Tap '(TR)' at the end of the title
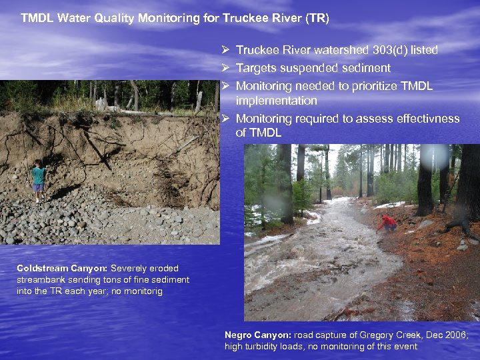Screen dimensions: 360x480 [316, 18]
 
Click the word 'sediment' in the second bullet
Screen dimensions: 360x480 [366, 68]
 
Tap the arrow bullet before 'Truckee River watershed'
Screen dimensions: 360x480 [226, 51]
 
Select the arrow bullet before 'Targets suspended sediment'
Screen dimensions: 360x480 [226, 68]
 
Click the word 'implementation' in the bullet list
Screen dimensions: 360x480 [276, 101]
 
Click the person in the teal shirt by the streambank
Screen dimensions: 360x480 [39, 179]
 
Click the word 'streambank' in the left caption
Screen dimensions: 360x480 [39, 279]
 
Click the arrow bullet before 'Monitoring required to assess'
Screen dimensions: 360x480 [226, 119]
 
